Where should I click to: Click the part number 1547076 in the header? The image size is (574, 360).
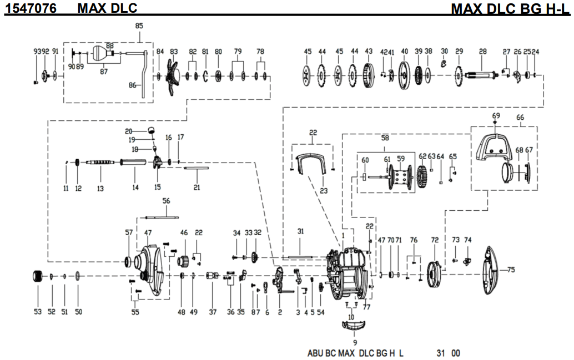tap(31, 8)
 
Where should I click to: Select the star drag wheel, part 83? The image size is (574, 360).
tap(173, 76)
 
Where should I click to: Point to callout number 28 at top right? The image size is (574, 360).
tap(482, 51)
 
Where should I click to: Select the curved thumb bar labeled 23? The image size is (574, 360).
tap(311, 164)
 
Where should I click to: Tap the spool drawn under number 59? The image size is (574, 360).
tap(401, 179)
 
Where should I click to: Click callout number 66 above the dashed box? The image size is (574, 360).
tap(520, 118)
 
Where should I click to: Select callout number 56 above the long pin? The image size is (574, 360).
tap(166, 201)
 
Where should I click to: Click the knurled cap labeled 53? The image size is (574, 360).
tap(38, 276)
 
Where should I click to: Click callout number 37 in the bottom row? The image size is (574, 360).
tap(213, 312)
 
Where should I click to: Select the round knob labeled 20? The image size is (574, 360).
tap(150, 130)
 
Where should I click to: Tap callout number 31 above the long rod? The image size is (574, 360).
tap(301, 231)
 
